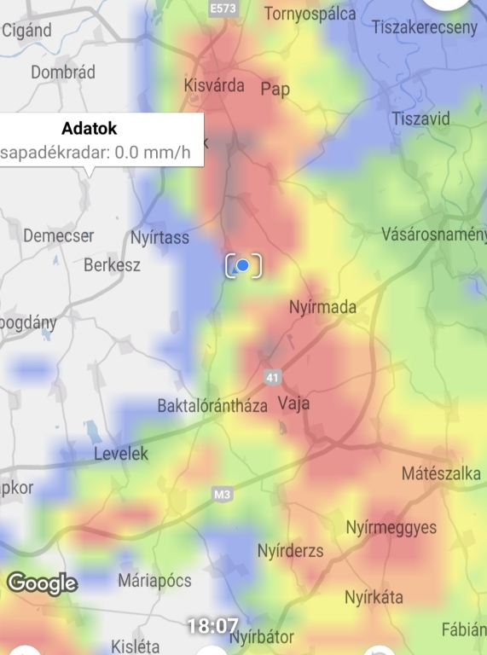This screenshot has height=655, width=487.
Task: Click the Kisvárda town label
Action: click(214, 85)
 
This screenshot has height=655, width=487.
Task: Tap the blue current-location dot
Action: click(243, 266)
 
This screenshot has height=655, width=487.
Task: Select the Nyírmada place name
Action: click(322, 307)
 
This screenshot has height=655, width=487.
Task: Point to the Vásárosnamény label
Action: click(433, 234)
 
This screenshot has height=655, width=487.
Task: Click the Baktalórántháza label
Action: click(212, 405)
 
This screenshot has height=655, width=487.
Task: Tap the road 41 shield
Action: click(272, 376)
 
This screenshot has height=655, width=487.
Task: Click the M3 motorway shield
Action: click(223, 495)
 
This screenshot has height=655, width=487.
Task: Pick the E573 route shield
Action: click(223, 9)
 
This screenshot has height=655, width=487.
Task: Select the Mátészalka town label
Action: click(441, 473)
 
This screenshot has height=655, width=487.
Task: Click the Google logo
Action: click(43, 583)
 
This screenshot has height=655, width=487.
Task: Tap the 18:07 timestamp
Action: click(212, 626)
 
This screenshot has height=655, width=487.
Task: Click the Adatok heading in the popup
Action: click(90, 130)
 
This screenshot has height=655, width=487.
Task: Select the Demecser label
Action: click(59, 235)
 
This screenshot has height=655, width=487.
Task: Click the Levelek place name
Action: click(120, 454)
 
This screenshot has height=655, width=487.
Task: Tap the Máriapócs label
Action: click(154, 581)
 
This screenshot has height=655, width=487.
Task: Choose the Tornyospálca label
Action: click(310, 14)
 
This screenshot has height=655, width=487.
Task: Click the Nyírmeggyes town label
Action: click(391, 528)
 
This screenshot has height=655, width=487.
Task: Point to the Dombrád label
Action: click(63, 72)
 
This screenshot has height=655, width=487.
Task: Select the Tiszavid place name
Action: click(421, 119)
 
